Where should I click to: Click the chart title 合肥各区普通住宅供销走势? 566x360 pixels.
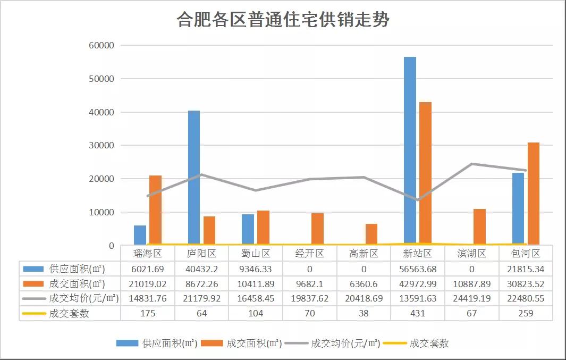pyautogui.click(x=283, y=20)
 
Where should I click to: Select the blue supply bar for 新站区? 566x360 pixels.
pyautogui.click(x=410, y=152)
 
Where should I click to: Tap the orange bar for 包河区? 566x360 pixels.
pyautogui.click(x=533, y=194)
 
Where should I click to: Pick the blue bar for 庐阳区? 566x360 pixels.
pyautogui.click(x=194, y=178)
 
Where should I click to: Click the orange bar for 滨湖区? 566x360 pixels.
pyautogui.click(x=479, y=227)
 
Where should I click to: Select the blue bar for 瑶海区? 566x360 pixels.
pyautogui.click(x=140, y=236)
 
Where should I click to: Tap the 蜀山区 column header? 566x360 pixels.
pyautogui.click(x=256, y=254)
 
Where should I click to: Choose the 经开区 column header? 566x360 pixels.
pyautogui.click(x=310, y=254)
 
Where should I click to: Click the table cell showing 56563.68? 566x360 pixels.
pyautogui.click(x=418, y=269)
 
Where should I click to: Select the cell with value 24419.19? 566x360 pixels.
pyautogui.click(x=472, y=298)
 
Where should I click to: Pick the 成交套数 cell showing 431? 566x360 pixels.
pyautogui.click(x=418, y=313)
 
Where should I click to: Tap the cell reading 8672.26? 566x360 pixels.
pyautogui.click(x=202, y=283)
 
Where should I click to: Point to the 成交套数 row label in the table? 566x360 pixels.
pyautogui.click(x=69, y=313)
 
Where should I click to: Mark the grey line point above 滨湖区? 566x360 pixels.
pyautogui.click(x=472, y=164)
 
